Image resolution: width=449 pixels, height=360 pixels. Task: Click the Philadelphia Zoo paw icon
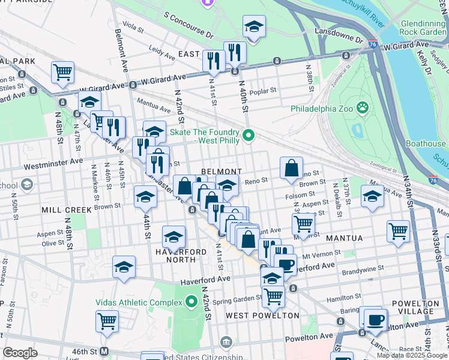pyautogui.click(x=362, y=109)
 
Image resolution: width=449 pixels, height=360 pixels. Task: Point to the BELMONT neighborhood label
pyautogui.click(x=221, y=172)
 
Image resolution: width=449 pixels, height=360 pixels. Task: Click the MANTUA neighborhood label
pyautogui.click(x=345, y=238)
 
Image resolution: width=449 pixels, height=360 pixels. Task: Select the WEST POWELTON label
pyautogui.click(x=262, y=315)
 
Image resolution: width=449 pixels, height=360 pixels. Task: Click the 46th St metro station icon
pyautogui.click(x=104, y=350)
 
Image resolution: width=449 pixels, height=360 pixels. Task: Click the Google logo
pyautogui.click(x=20, y=353)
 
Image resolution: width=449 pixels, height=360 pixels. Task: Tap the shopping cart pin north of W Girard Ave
pyautogui.click(x=62, y=72)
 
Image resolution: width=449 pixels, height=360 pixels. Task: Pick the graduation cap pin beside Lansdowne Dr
pyautogui.click(x=254, y=26)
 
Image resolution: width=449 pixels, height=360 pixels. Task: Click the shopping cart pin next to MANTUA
pyautogui.click(x=398, y=231)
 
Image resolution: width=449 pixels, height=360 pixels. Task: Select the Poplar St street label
pyautogui.click(x=264, y=92)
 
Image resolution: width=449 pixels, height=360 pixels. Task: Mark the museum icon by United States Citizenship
pyautogui.click(x=226, y=343)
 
